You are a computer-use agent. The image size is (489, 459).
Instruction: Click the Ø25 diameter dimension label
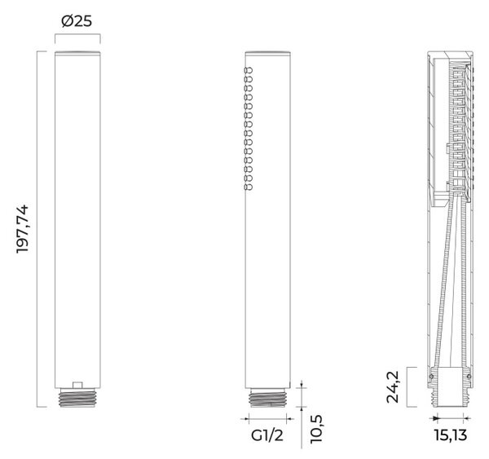(77, 21)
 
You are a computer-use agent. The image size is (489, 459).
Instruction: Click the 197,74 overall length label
(23, 229)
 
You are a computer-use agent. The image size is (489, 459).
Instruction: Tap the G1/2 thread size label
(267, 435)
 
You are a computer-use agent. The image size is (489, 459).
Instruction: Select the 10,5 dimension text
(316, 429)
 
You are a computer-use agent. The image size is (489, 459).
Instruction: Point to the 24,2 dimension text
(393, 387)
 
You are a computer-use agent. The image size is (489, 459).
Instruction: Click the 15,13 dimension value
(451, 435)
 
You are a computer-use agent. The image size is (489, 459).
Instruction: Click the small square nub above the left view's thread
(77, 385)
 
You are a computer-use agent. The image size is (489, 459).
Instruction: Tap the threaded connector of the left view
(77, 398)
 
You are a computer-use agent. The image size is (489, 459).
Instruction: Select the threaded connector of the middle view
(267, 398)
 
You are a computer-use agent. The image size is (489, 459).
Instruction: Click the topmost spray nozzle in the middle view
(249, 70)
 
